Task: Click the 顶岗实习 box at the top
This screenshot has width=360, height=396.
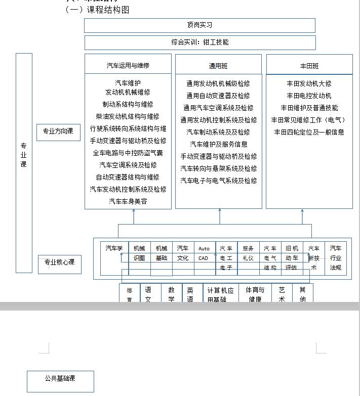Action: click(x=199, y=25)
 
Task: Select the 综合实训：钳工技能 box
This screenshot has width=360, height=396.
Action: click(x=199, y=42)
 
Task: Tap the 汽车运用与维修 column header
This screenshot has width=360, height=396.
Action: click(x=128, y=65)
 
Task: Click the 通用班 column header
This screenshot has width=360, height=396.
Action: click(x=218, y=66)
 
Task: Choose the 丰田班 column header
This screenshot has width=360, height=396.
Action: click(x=309, y=66)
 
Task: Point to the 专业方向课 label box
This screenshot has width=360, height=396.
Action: click(x=58, y=132)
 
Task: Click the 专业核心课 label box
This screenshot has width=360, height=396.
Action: click(x=59, y=262)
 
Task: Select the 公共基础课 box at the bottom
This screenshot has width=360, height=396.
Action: click(x=60, y=379)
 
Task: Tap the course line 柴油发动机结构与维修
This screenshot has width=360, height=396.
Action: click(x=128, y=116)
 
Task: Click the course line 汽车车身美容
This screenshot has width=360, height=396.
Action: click(x=128, y=201)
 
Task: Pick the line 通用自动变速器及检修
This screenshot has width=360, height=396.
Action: click(x=218, y=96)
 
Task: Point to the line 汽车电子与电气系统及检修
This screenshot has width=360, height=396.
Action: click(x=218, y=181)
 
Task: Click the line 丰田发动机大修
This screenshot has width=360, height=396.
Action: click(x=309, y=83)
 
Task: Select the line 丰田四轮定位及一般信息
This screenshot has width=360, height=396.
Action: click(x=309, y=132)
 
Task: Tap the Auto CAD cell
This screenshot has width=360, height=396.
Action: click(x=204, y=253)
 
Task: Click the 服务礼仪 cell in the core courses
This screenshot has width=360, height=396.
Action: click(x=248, y=253)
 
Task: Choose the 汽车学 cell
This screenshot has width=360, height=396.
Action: click(x=114, y=248)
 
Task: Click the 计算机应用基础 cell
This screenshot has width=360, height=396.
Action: click(x=220, y=294)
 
